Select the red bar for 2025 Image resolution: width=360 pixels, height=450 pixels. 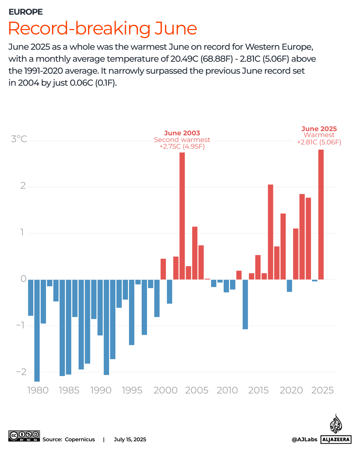[321, 215]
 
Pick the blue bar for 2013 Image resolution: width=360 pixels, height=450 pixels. [245, 304]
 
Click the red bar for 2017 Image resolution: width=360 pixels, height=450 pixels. [270, 232]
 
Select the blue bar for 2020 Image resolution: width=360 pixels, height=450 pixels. [289, 286]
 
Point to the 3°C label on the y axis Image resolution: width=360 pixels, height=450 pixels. [19, 139]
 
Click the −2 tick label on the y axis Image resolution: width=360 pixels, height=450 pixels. [21, 372]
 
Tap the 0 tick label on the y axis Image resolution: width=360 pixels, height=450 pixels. [23, 279]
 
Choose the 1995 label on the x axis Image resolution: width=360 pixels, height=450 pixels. [132, 390]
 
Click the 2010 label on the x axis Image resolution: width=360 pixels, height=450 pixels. [227, 390]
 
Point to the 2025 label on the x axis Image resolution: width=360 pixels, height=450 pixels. [322, 390]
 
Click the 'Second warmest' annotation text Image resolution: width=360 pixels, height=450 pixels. [182, 140]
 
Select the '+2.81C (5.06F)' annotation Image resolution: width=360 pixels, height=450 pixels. [319, 142]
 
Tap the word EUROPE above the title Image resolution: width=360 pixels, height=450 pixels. [26, 12]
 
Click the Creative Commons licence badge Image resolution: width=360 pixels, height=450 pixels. [24, 436]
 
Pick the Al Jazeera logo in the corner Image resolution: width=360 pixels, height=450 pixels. [336, 430]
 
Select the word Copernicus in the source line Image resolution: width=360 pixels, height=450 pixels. [80, 439]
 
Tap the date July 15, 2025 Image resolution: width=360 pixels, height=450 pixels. [130, 439]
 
